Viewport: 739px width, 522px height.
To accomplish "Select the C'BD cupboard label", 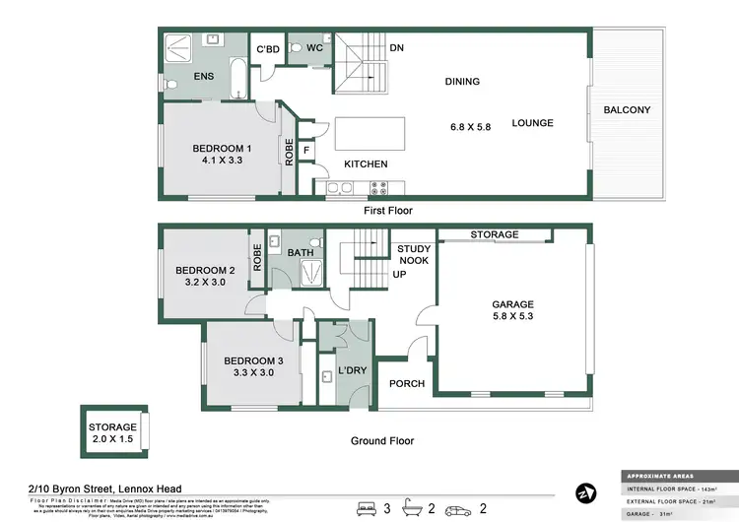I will tap(268, 48).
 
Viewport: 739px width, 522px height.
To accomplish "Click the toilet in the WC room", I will tap(297, 57).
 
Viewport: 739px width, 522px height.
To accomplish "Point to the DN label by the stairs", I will tap(397, 47).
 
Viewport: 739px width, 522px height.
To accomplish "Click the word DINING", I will tap(461, 82).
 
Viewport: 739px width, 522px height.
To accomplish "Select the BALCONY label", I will tap(627, 109).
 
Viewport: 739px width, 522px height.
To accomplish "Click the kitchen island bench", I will tap(371, 131).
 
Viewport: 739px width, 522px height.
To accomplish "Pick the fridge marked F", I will tap(306, 150).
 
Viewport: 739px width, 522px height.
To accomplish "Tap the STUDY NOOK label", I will tap(414, 255).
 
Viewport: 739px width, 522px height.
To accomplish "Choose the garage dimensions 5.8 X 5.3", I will tap(512, 318).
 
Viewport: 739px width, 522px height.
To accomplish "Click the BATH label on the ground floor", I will tap(300, 253).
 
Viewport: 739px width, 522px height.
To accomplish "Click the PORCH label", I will tap(407, 384).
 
